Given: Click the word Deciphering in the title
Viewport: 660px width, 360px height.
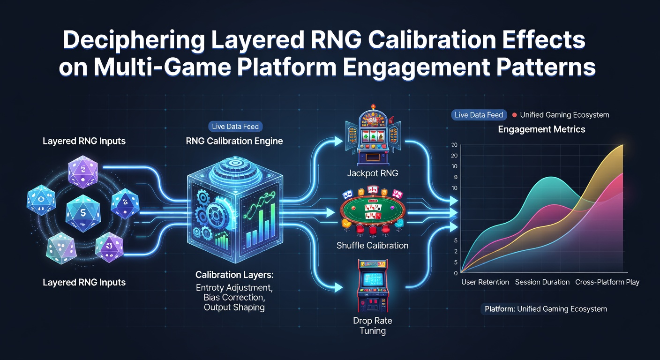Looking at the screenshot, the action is click(134, 40).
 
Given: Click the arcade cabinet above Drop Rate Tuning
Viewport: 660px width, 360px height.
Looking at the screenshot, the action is click(373, 286).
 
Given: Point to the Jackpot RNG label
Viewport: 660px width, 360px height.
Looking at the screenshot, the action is click(373, 173).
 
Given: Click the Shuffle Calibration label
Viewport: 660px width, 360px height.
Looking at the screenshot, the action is click(373, 246).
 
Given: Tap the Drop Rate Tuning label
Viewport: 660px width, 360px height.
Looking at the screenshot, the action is click(373, 325).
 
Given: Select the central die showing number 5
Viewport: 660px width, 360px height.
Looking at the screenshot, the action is click(83, 213).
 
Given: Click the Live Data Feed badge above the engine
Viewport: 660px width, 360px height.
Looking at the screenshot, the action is click(235, 127).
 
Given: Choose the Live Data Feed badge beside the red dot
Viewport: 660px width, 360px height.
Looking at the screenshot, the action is click(479, 115).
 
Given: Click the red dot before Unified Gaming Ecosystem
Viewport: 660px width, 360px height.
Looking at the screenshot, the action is click(514, 115).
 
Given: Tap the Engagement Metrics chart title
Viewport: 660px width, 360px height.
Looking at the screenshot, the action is click(541, 129).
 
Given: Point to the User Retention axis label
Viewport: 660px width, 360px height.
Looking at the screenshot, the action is click(485, 282).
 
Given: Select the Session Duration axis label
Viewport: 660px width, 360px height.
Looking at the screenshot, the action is click(542, 282).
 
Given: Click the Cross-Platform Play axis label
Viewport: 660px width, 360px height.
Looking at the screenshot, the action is click(607, 282).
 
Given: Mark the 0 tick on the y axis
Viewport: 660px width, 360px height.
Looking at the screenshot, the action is click(456, 273).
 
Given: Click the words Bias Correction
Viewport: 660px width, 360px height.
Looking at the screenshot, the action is click(234, 297).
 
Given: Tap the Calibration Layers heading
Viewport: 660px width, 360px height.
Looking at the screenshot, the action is click(234, 275).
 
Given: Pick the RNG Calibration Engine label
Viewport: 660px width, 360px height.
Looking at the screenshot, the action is click(234, 141).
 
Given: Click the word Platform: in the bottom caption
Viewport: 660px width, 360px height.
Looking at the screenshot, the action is click(500, 309).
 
